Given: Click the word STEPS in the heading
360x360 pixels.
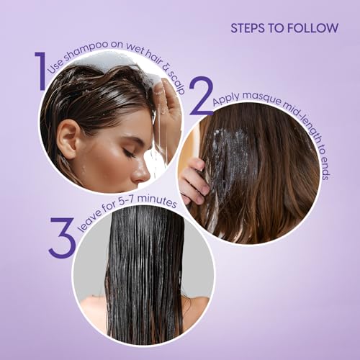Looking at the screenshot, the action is click(x=248, y=28).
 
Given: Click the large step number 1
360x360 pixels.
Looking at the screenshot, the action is click(x=41, y=71).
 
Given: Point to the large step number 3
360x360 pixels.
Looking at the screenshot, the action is click(x=62, y=237).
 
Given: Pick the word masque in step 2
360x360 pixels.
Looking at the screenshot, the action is click(x=260, y=97).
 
